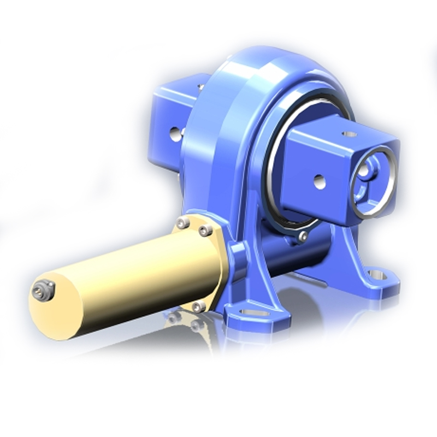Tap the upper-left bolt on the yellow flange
tap(183, 222)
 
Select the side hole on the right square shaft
tap(320, 182)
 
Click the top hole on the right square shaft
tap(349, 134)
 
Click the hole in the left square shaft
tap(175, 133)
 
